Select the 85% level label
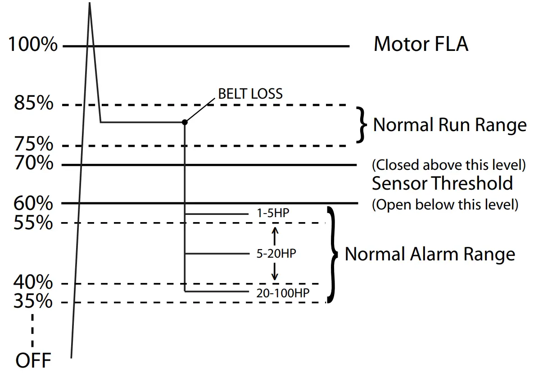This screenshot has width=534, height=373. click(x=34, y=104)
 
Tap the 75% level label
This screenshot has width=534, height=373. click(x=34, y=145)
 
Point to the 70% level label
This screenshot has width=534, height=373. click(x=34, y=163)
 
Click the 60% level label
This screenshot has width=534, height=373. click(x=34, y=204)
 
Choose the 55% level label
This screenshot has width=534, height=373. click(x=34, y=223)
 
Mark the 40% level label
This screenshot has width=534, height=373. click(x=34, y=282)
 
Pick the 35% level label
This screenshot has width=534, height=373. click(x=34, y=301)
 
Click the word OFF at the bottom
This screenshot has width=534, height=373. click(x=33, y=360)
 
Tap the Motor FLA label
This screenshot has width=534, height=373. click(x=421, y=45)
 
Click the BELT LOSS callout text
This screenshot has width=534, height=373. click(x=250, y=94)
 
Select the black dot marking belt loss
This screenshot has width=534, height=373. click(x=185, y=122)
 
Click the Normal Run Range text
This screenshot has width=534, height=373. click(x=449, y=125)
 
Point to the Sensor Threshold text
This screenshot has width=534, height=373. click(x=442, y=183)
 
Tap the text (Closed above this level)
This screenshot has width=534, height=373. click(x=448, y=165)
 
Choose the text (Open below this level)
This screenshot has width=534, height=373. click(x=445, y=205)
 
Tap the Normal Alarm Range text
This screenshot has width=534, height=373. click(x=430, y=254)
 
